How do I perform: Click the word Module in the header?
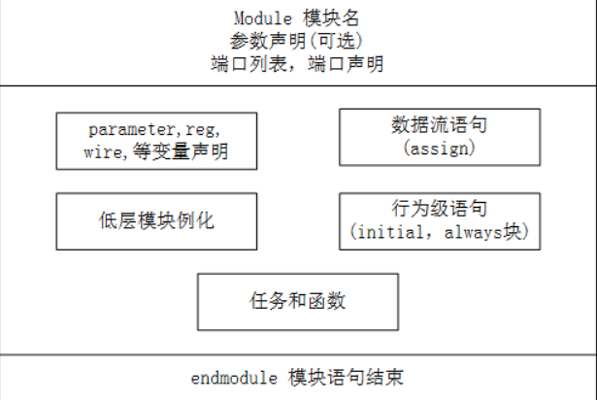click(x=263, y=18)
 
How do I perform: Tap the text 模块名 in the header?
click(x=331, y=18)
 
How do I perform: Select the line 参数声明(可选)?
click(x=296, y=41)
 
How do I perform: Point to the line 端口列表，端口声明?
click(x=297, y=64)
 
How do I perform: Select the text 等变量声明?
click(x=181, y=151)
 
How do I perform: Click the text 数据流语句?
click(x=439, y=125)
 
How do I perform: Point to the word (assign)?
click(x=440, y=148)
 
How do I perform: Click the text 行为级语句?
click(x=440, y=209)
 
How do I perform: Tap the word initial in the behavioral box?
click(x=391, y=232)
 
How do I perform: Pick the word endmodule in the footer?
click(x=234, y=379)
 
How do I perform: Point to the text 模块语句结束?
click(x=346, y=378)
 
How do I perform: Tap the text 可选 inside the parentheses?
click(x=337, y=41)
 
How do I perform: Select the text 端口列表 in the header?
click(x=249, y=64)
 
